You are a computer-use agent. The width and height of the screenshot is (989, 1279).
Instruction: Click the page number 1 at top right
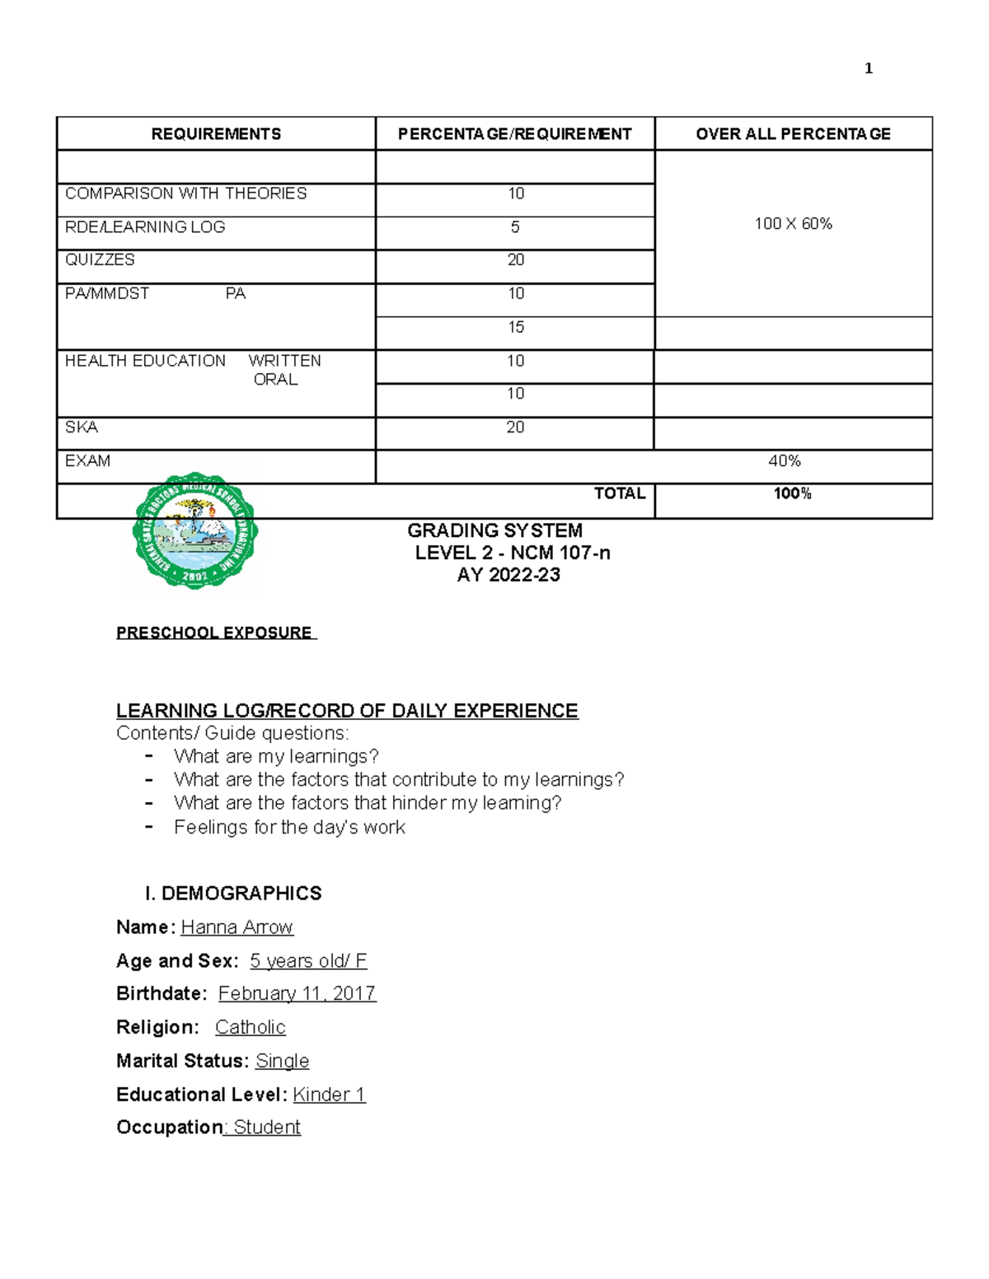(868, 68)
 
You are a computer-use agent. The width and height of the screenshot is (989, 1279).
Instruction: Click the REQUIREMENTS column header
(216, 134)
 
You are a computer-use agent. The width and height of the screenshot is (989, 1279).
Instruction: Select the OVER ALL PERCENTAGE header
(793, 134)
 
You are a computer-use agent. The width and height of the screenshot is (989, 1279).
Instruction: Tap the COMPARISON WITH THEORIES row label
(185, 194)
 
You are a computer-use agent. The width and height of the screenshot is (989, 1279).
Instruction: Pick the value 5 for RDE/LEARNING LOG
(515, 227)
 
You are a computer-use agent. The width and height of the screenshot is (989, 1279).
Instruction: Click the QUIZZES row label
(100, 260)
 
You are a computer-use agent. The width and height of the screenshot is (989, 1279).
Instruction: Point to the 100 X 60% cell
(793, 224)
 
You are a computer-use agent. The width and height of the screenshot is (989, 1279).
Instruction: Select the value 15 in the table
(515, 328)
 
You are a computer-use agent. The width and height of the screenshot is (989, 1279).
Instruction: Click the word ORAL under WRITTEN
(275, 380)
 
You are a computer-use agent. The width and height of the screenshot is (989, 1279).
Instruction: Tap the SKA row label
(82, 427)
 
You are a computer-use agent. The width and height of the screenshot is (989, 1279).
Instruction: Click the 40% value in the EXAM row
(784, 461)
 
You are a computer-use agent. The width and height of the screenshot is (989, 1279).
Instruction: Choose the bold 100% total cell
(792, 494)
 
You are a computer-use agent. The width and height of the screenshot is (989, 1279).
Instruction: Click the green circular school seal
(195, 530)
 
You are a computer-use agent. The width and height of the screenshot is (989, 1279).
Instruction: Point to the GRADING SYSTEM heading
(494, 530)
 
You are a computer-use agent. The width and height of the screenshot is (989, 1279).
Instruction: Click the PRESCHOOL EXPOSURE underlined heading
(214, 632)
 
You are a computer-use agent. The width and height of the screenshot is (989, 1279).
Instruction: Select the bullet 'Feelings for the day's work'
(289, 827)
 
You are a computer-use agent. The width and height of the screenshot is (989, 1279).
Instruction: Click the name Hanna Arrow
(237, 927)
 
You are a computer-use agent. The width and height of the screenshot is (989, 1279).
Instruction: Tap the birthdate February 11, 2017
(297, 994)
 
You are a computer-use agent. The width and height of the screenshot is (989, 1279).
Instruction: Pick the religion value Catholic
(250, 1028)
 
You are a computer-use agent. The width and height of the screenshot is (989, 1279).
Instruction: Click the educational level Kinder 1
(329, 1095)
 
